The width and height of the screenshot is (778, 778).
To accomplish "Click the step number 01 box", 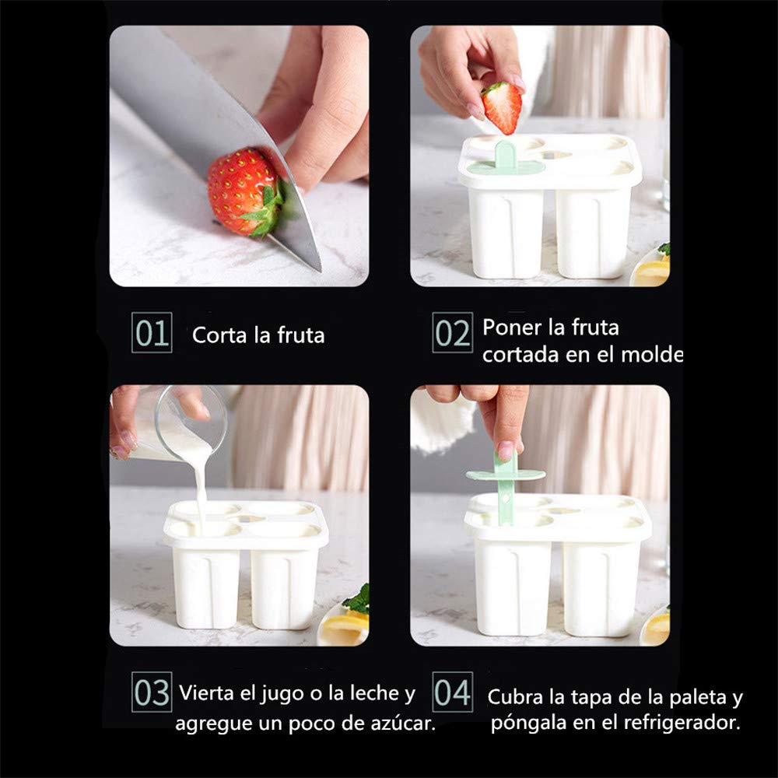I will point(152,333).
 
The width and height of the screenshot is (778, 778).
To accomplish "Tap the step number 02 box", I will point(453,333).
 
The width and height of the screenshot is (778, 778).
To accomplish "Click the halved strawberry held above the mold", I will point(502,107).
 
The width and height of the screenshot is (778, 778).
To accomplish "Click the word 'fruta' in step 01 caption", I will point(300,335).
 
